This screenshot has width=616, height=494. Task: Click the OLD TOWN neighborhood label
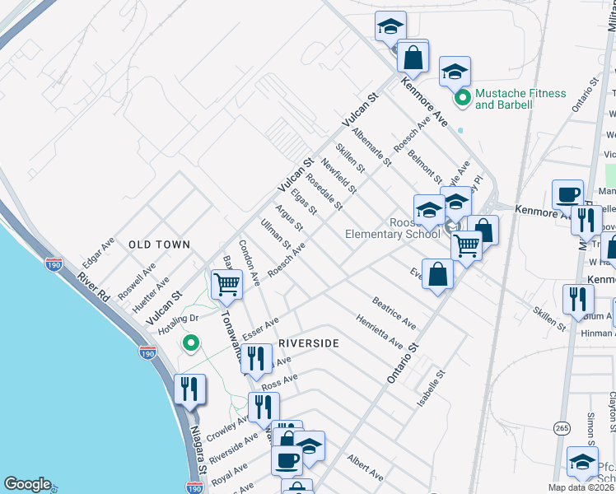pos(159,245)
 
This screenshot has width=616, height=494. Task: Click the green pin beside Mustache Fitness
pos(463,99)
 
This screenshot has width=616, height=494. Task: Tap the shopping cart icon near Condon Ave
pos(227,286)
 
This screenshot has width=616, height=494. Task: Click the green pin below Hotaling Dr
pos(191,343)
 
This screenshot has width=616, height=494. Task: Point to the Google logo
pos(27,484)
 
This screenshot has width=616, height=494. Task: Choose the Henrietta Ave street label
pos(379,331)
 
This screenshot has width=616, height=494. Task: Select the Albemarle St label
pos(371,147)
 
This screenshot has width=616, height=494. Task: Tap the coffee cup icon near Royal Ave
pos(287,461)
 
